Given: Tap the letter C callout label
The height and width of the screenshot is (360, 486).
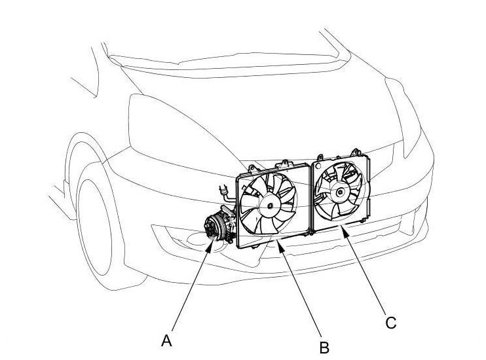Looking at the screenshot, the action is click(x=390, y=323).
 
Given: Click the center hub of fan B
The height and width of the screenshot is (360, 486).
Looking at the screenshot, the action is click(x=270, y=205).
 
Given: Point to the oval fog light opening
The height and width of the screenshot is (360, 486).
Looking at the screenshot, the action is click(x=210, y=242).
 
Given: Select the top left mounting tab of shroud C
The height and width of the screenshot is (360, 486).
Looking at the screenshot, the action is click(x=319, y=158).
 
